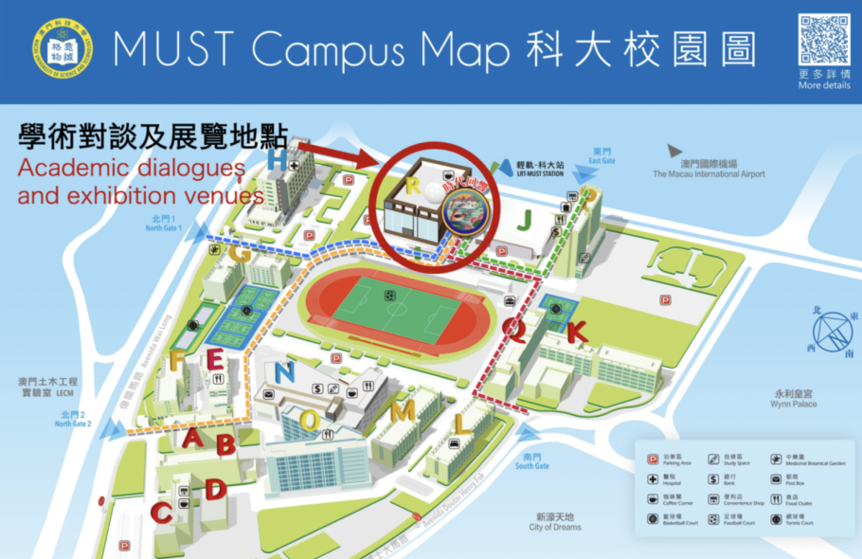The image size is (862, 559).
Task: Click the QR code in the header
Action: pyautogui.click(x=823, y=39)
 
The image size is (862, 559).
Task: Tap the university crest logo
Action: pyautogui.click(x=63, y=51)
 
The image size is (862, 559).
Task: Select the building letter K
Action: pyautogui.click(x=576, y=332)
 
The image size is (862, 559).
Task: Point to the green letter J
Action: pyautogui.click(x=524, y=221)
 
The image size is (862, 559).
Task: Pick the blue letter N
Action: pyautogui.click(x=283, y=373)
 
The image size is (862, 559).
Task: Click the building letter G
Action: pyautogui.click(x=240, y=255)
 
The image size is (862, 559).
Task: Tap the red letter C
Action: pyautogui.click(x=162, y=513)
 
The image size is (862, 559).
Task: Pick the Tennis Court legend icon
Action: pyautogui.click(x=776, y=517)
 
